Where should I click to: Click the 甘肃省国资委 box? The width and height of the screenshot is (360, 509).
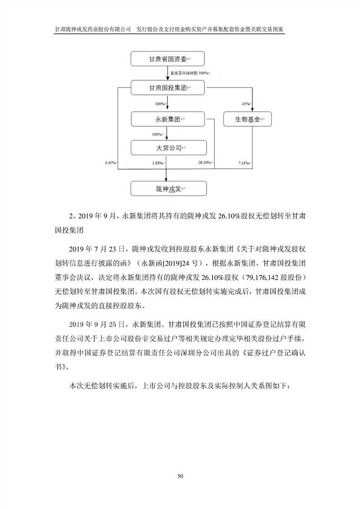168,59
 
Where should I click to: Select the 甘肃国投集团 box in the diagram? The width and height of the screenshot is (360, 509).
168,88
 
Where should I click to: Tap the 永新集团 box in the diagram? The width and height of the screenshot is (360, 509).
168,119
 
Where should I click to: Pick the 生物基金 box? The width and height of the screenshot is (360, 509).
247,119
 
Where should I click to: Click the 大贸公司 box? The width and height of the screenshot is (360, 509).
168,147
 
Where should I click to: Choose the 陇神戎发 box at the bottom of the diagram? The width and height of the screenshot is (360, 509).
168,188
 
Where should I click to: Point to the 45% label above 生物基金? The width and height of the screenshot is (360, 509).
246,104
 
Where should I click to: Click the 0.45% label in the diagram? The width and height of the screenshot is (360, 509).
110,163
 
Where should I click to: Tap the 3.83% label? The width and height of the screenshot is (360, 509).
158,163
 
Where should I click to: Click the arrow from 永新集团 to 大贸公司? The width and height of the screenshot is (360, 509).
168,133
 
